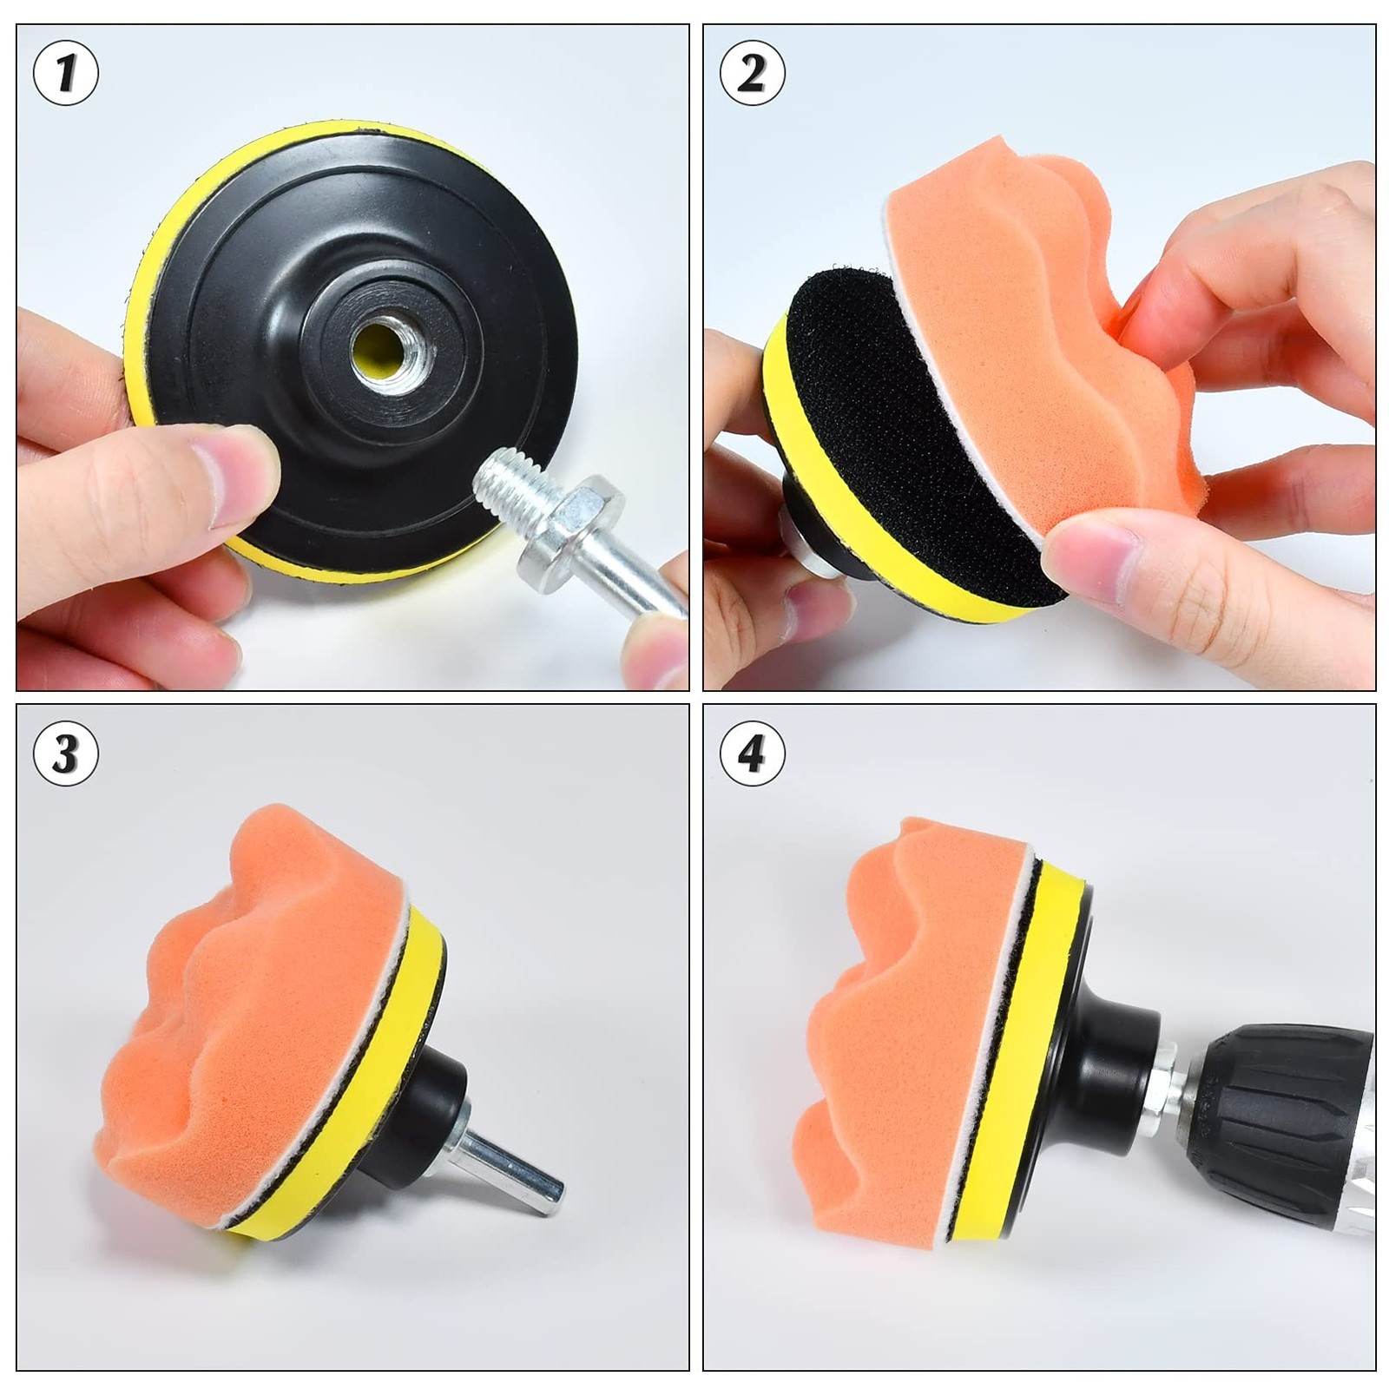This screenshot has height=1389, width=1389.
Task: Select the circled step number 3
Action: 65,753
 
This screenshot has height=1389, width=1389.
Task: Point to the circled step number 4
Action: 752,753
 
